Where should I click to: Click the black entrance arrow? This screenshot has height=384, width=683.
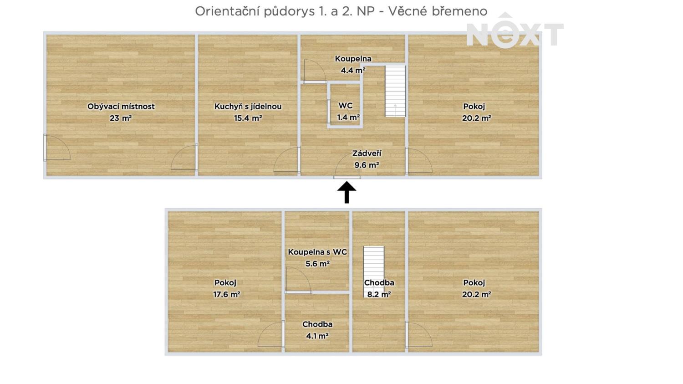(x=347, y=192)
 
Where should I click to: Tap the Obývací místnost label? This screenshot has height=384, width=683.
(x=121, y=107)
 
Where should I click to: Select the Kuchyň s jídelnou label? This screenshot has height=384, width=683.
(x=248, y=107)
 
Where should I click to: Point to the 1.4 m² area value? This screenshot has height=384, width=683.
(x=348, y=118)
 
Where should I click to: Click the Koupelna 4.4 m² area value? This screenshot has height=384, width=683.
(x=353, y=70)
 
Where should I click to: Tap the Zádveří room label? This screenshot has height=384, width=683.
(x=367, y=154)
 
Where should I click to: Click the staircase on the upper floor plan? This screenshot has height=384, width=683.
(x=395, y=91)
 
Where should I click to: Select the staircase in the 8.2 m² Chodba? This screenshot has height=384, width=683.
(x=373, y=271)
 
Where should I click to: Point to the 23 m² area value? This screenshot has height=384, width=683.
(x=121, y=118)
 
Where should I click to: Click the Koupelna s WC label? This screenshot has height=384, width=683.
(x=317, y=252)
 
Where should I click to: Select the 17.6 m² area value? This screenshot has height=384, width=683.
(x=227, y=294)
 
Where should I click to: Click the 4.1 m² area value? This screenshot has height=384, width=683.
(x=317, y=336)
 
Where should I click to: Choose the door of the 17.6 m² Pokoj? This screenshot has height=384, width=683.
(x=271, y=334)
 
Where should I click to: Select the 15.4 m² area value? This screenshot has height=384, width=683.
(x=248, y=118)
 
